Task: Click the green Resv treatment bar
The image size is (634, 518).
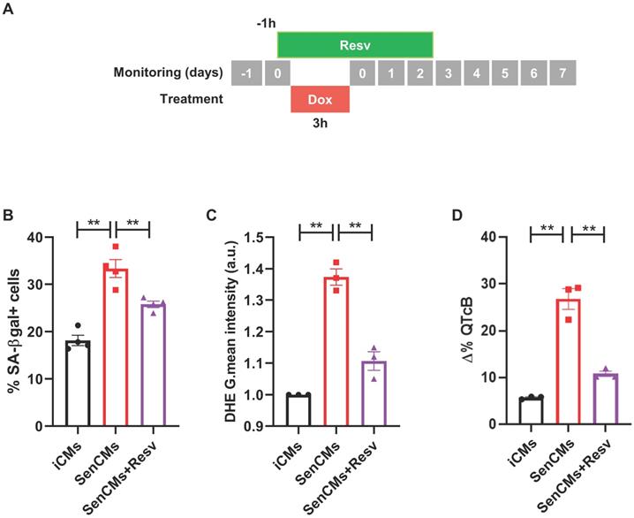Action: [355, 43]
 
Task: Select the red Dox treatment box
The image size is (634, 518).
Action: [321, 100]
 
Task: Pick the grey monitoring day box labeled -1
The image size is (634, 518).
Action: [246, 72]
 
